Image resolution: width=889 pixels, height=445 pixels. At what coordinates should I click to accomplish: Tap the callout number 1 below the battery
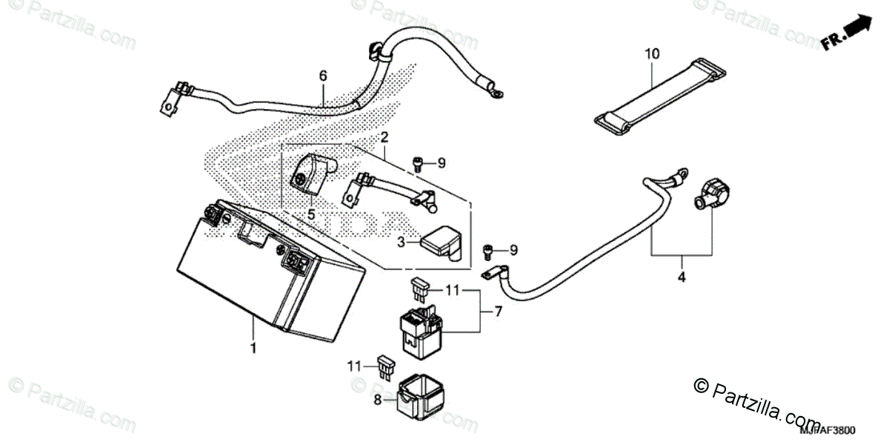(253, 347)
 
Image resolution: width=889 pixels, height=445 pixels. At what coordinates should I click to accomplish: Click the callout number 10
(651, 53)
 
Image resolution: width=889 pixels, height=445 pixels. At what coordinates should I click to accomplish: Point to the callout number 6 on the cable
(323, 76)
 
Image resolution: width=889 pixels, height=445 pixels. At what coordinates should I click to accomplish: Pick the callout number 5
(311, 215)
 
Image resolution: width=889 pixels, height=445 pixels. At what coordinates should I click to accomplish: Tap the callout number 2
(384, 138)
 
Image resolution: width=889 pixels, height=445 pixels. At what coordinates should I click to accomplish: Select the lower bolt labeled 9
(488, 253)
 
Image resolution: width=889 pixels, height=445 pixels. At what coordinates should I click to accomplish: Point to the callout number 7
(499, 311)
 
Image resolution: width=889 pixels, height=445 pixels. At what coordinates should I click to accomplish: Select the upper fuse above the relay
(420, 286)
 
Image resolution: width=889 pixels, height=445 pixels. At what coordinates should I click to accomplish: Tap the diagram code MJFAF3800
(827, 430)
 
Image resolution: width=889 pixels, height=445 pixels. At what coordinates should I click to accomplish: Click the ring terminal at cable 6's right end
(497, 92)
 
